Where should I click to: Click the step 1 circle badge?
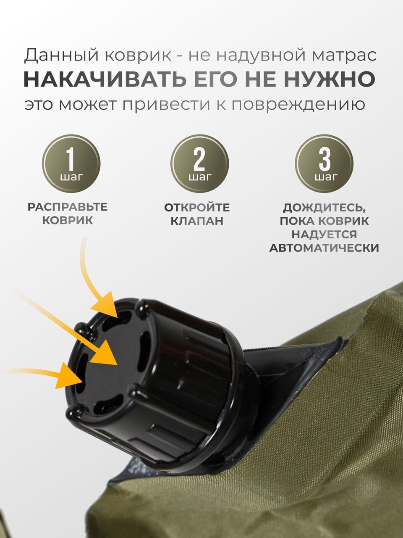71,164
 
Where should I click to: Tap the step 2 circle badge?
199,164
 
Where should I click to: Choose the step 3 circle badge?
324,164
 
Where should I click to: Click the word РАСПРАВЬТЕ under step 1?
68,207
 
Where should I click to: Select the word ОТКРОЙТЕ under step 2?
197,208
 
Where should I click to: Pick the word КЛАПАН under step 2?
197,221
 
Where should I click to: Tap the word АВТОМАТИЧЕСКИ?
324,248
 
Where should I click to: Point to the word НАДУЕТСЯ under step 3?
324,235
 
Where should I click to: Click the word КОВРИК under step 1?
68,220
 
